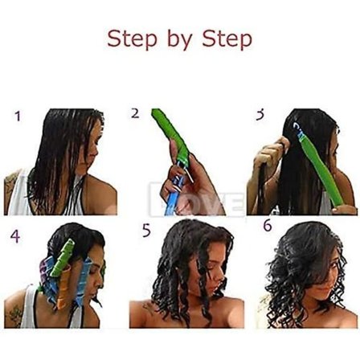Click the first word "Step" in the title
click(132, 39)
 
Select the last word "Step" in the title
click(227, 39)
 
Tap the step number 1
click(18, 117)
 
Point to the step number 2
click(135, 113)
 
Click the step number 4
click(15, 236)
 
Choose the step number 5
click(146, 231)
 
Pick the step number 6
click(268, 226)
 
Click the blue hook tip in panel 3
click(297, 129)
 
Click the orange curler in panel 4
click(63, 287)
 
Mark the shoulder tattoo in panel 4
click(14, 316)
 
